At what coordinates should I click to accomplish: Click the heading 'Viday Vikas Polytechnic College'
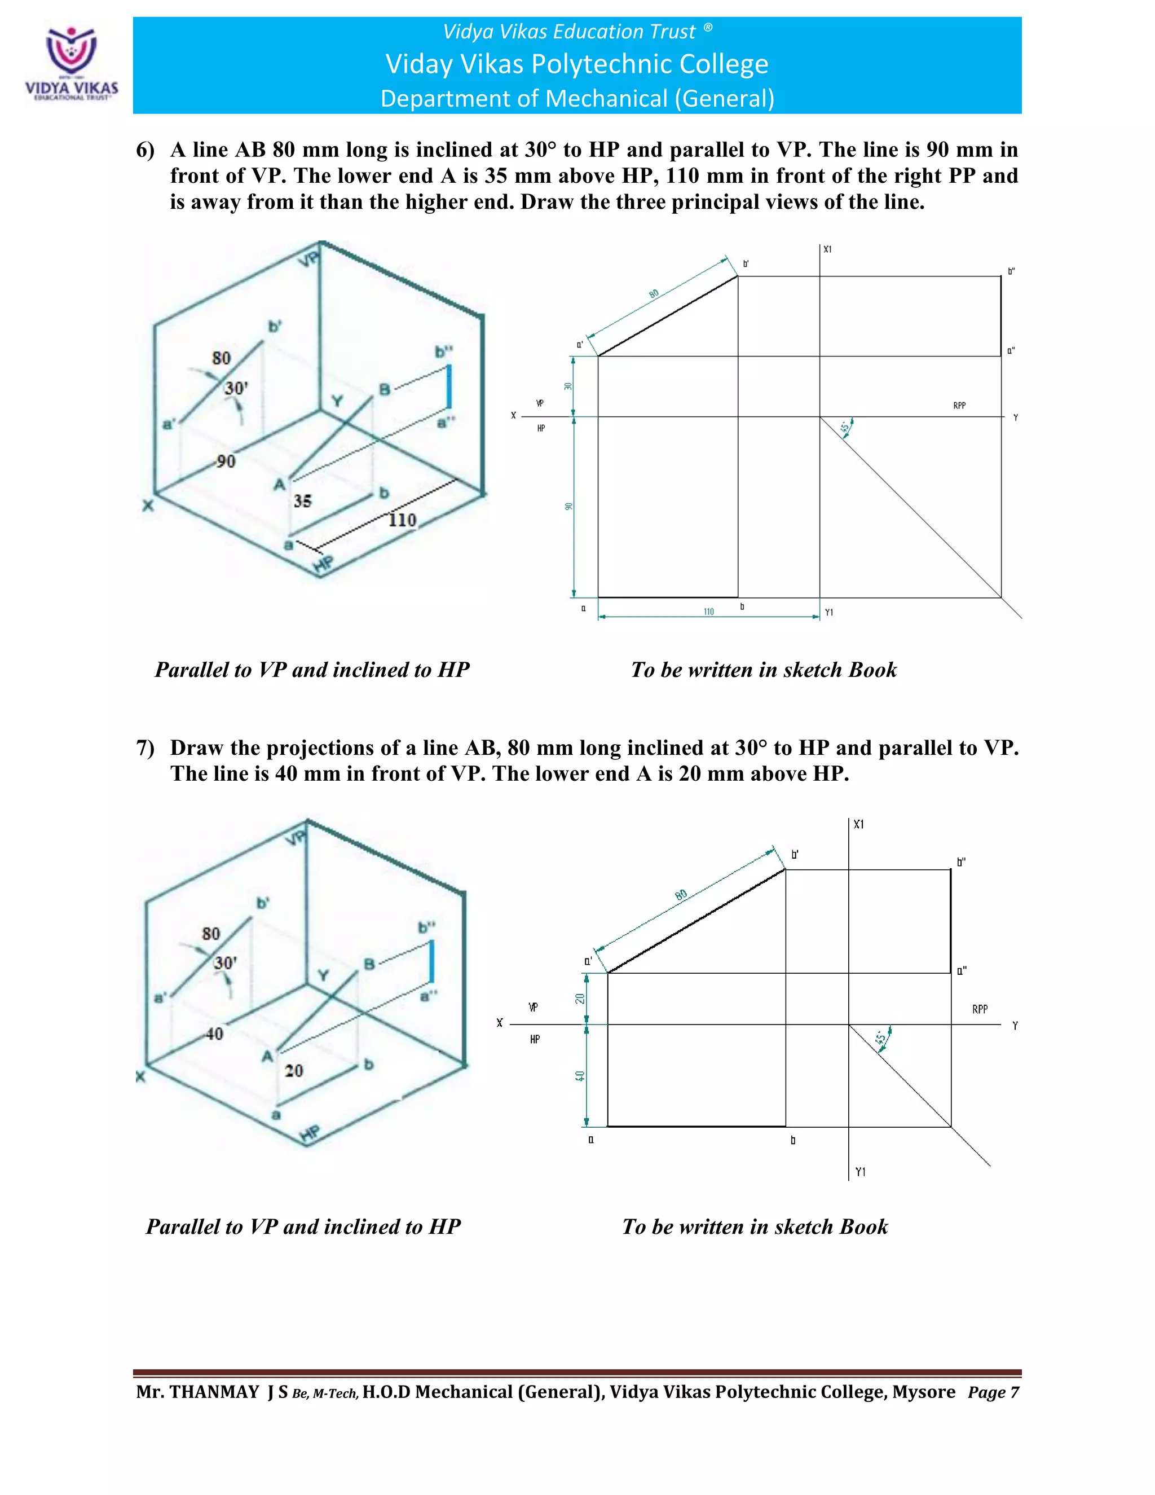point(577,64)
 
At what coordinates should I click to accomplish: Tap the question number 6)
point(145,150)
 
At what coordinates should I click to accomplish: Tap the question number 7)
point(145,747)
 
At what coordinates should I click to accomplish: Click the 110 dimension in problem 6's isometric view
point(402,520)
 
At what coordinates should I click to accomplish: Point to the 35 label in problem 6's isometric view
point(302,501)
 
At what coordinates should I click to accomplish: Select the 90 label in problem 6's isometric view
point(226,461)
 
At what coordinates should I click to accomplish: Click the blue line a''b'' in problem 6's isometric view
point(449,388)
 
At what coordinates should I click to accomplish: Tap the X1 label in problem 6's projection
point(828,250)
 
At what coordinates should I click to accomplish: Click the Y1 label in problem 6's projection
point(828,613)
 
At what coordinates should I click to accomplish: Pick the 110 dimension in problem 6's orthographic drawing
point(709,612)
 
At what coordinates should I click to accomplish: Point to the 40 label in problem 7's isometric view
point(214,1034)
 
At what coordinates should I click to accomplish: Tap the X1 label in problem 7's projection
point(859,825)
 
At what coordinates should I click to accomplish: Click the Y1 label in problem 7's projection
point(860,1172)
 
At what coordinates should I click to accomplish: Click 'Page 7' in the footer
point(993,1393)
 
